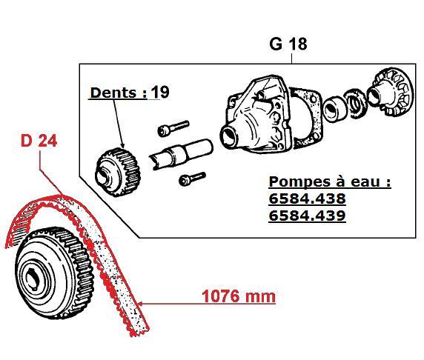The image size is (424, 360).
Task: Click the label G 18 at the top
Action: (288, 44)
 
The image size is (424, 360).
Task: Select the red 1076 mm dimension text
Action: (239, 297)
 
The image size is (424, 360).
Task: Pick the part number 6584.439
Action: (307, 216)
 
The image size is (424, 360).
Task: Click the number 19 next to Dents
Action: (160, 93)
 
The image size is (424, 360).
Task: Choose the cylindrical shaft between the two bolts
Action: (178, 154)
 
